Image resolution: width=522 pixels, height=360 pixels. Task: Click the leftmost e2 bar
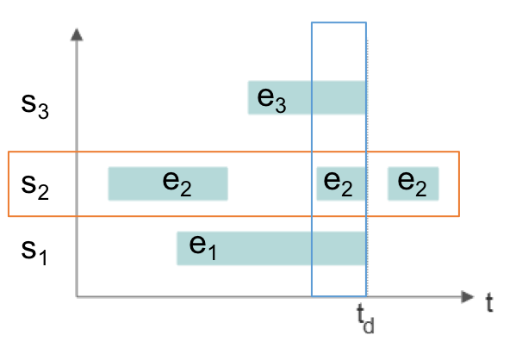pos(167,183)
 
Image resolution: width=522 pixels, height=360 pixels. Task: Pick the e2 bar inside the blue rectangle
pos(340,183)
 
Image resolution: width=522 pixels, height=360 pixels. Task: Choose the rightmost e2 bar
pos(413,183)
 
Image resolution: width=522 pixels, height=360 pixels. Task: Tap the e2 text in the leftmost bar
pos(177,183)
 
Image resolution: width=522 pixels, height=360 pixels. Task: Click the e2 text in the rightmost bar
pos(412,183)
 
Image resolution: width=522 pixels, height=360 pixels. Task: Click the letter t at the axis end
pos(488,302)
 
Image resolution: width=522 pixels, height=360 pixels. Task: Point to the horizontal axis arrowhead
pos(468,297)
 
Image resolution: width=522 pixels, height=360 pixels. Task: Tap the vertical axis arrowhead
pos(78,34)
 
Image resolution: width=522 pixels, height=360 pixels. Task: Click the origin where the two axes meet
pos(78,297)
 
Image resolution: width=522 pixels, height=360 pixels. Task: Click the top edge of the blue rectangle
pos(338,23)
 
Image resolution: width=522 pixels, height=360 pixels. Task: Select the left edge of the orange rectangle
pos(8,184)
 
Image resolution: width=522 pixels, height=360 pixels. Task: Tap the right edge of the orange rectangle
pos(458,184)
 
